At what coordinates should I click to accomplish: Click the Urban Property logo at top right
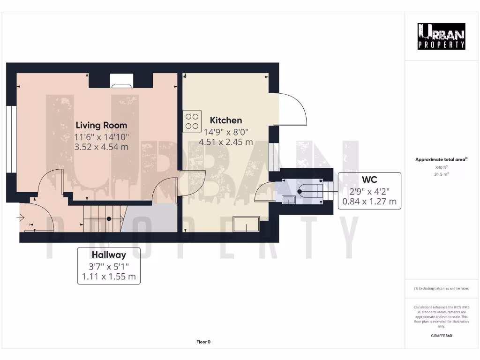coord(441,36)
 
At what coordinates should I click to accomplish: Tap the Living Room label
coord(101,125)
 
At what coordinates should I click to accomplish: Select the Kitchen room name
coord(226,120)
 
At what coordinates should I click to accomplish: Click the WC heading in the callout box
coord(369,180)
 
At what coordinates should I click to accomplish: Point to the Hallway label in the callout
coord(109,255)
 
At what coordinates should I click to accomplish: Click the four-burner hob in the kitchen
coord(191,120)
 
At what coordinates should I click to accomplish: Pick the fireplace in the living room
coord(121,81)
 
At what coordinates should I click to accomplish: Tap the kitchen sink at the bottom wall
coord(247,225)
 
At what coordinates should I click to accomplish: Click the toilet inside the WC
coord(309,191)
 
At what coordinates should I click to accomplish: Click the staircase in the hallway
coord(103,218)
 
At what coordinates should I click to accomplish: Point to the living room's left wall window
coord(9,140)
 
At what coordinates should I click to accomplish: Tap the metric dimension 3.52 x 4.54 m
coord(101,147)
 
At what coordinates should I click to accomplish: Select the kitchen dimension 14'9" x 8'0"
coord(226,132)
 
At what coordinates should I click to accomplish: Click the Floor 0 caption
coord(203,342)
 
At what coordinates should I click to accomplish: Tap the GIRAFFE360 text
coord(441,336)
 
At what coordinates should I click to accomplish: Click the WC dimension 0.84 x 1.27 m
coord(369,202)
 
